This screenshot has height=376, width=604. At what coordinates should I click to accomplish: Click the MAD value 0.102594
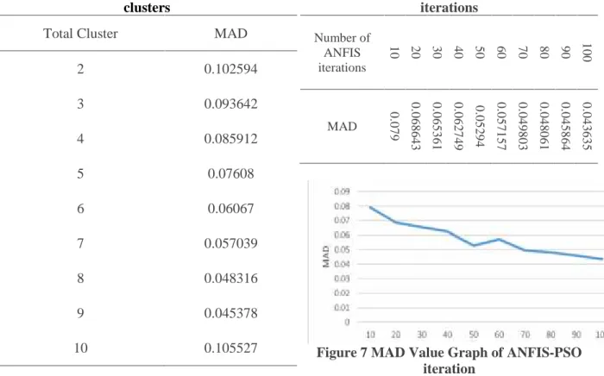[x=230, y=69]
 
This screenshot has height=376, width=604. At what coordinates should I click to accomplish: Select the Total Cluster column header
[x=80, y=34]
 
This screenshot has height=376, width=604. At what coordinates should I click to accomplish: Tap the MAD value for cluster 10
[x=230, y=348]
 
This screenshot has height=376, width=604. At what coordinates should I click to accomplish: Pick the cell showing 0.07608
[x=230, y=173]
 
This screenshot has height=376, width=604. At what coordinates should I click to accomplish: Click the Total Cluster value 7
[x=80, y=243]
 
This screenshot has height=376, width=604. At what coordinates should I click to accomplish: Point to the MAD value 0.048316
[x=230, y=279]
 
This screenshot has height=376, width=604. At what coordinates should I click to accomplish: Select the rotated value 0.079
[x=394, y=126]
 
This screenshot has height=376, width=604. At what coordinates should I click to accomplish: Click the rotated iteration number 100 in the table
[x=586, y=53]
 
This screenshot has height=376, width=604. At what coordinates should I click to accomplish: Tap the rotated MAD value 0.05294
[x=480, y=126]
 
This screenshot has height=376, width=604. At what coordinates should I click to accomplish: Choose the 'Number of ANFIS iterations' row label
[x=342, y=53]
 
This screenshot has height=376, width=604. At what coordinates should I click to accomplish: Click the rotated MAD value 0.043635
[x=586, y=126]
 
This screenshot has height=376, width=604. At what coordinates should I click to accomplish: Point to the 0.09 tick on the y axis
[x=342, y=191]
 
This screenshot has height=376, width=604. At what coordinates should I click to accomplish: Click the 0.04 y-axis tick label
[x=342, y=264]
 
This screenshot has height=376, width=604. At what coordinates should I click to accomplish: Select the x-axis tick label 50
[x=474, y=335]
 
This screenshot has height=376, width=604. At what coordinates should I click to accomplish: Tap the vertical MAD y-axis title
[x=326, y=256]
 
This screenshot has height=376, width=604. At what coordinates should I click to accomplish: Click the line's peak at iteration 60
[x=500, y=239]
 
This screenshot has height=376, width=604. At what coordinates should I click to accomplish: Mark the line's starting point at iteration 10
[x=370, y=207]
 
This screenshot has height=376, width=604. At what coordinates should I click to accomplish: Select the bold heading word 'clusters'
[x=147, y=7]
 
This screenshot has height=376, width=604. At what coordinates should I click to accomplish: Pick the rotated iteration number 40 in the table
[x=458, y=53]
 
